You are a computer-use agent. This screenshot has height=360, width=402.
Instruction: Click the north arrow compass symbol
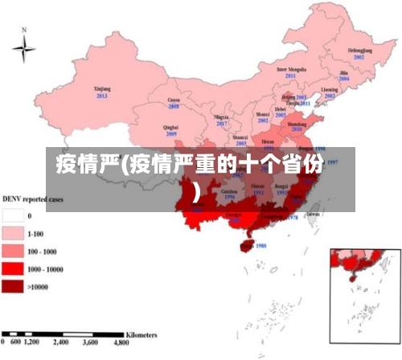24,49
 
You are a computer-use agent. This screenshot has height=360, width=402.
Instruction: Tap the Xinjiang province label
102,89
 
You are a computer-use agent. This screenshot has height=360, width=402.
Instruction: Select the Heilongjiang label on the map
359,51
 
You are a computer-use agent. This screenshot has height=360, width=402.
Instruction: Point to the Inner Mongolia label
293,69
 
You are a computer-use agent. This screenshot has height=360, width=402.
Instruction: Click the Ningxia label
221,117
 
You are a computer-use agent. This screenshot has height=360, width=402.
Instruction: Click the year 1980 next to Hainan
260,246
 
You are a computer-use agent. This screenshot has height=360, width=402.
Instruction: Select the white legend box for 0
13,215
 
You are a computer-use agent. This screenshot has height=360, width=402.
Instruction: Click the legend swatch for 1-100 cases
13,233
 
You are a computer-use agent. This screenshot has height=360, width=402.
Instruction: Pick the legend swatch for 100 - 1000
13,251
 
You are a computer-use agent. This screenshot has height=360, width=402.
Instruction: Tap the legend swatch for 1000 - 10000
13,268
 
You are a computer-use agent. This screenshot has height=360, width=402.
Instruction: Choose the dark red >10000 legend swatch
13,286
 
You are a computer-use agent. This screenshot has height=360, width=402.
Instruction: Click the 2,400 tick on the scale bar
62,342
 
